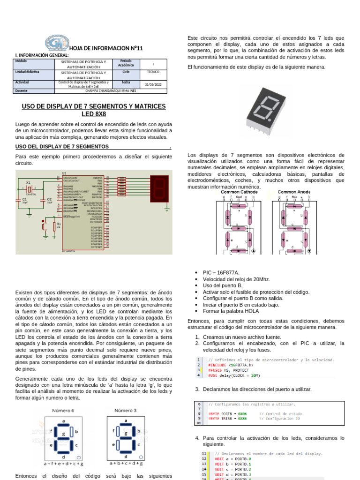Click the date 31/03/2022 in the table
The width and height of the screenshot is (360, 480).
coord(153,84)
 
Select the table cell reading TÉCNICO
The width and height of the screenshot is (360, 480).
coord(153,73)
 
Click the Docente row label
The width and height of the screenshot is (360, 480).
coord(22,91)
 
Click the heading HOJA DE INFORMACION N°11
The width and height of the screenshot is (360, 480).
coord(105,48)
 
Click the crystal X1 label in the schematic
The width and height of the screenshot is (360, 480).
coord(28,183)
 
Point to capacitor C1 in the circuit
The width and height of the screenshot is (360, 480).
coord(24,199)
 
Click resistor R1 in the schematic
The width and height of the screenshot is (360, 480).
coord(59,225)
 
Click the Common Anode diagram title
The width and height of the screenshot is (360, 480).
coord(293,192)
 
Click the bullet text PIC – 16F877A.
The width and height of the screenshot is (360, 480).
coord(221,272)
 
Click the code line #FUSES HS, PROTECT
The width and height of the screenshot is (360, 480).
coord(230,370)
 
